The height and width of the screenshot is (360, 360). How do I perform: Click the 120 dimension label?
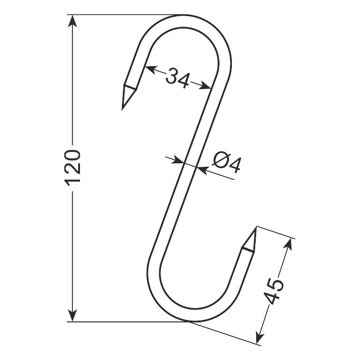(x=72, y=168)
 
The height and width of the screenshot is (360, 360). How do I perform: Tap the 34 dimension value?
(x=178, y=78)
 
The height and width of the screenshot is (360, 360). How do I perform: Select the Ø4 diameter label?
(x=227, y=162)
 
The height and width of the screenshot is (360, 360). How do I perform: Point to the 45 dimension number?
(x=274, y=291)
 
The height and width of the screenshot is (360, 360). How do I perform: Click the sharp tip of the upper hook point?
(x=122, y=110)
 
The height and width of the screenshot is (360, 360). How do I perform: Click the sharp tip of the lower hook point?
(x=256, y=227)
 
